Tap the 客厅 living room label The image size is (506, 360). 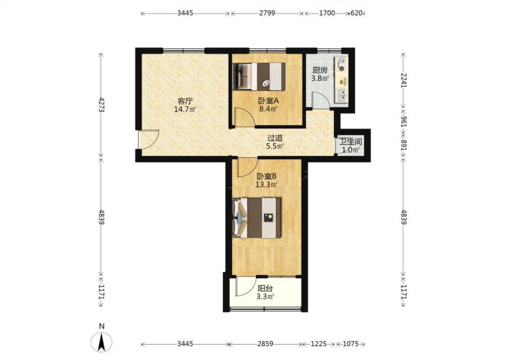[x=185, y=101]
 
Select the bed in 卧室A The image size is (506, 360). [x=259, y=76]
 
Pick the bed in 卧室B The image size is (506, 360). [x=257, y=218]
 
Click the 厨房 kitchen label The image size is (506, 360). [x=320, y=70]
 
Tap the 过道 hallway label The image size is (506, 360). [x=275, y=138]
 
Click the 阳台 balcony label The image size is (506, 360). [x=265, y=288]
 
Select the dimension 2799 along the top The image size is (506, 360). [x=267, y=13]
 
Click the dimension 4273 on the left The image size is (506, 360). [x=101, y=105]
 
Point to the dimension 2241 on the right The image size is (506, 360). [x=404, y=80]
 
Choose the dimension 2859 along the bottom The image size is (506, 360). [x=265, y=344]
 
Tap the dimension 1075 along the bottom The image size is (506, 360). [x=350, y=344]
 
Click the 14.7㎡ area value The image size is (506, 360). [x=185, y=109]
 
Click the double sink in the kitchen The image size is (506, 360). [x=341, y=95]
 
